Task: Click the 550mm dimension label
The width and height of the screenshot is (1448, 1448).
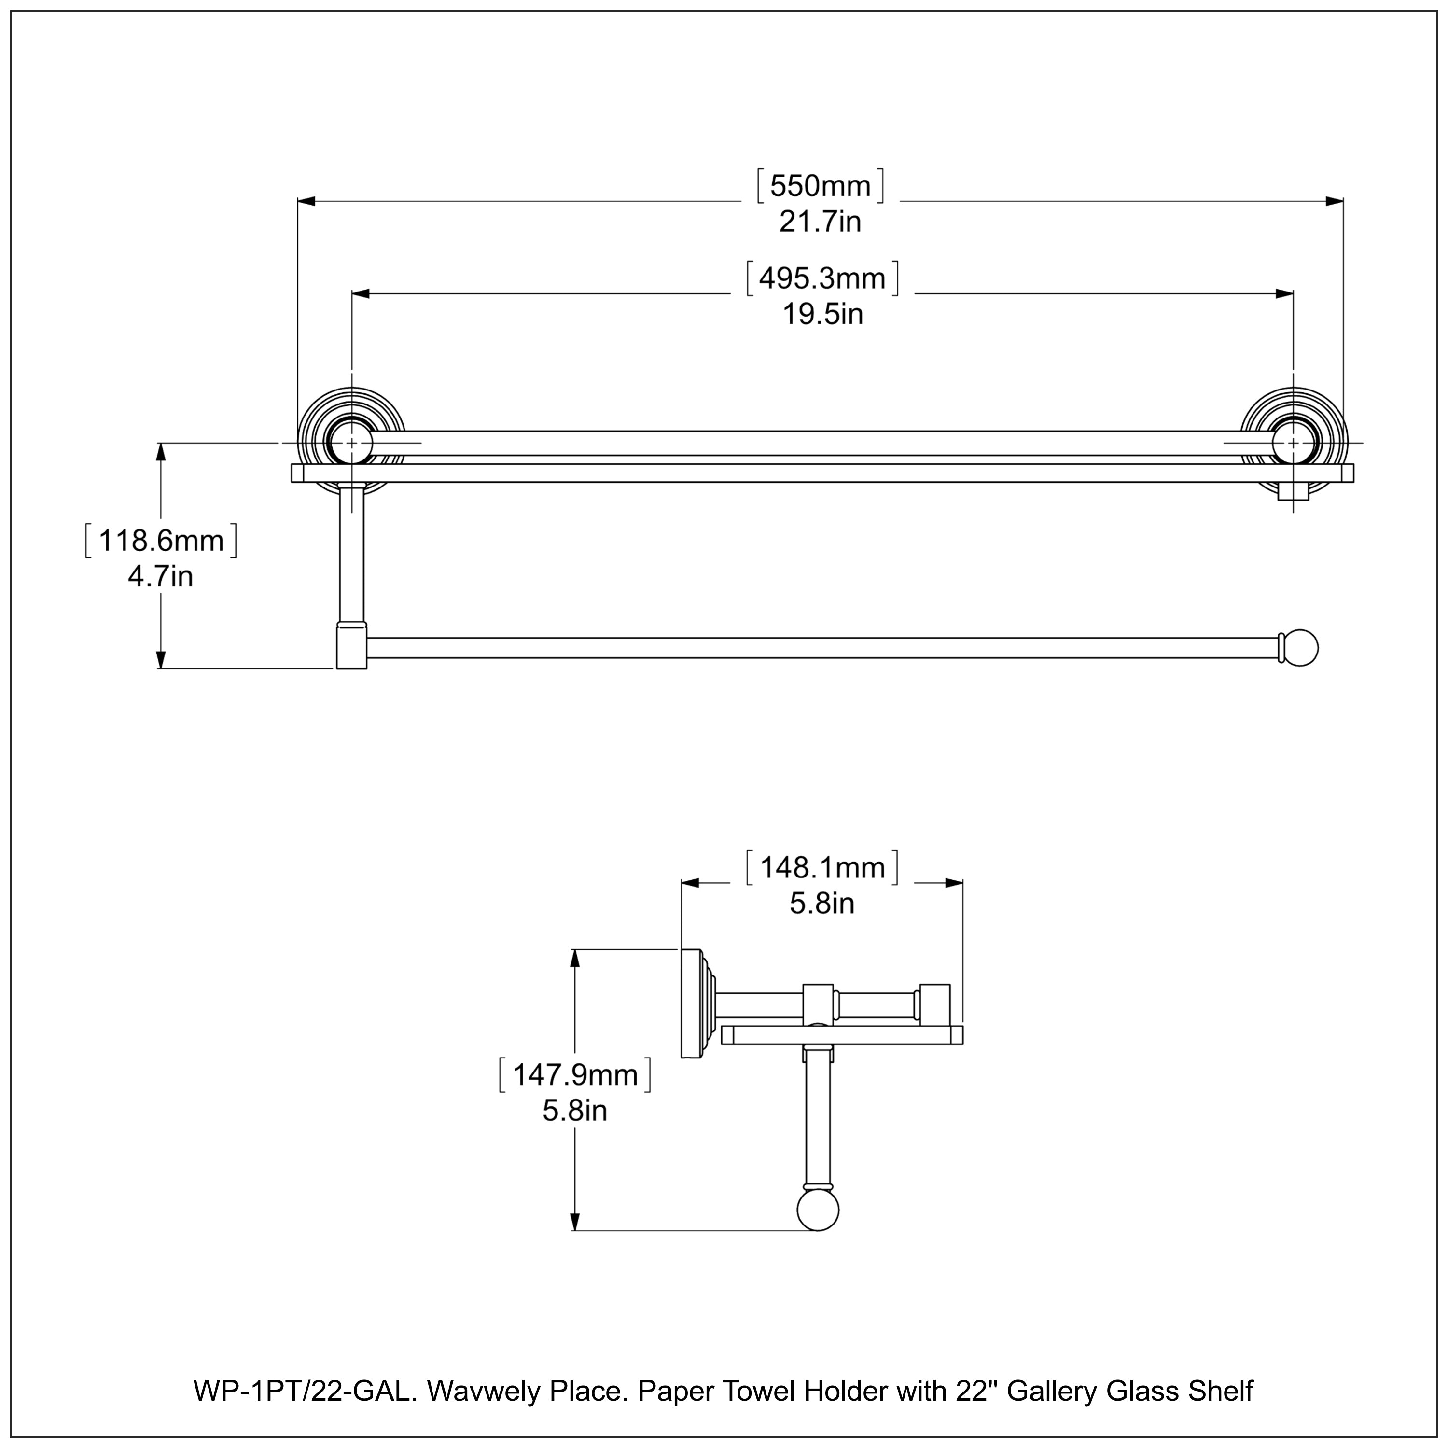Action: pos(821,185)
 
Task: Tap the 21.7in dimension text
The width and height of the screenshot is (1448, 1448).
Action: pos(820,222)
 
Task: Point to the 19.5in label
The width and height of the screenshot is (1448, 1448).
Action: pos(822,314)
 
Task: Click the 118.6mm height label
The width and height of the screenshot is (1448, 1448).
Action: pos(161,541)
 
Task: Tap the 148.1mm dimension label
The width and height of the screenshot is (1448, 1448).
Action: pos(822,868)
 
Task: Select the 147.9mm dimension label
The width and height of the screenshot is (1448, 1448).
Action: pos(575,1075)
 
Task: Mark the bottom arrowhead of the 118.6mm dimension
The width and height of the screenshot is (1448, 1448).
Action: pos(160,659)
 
